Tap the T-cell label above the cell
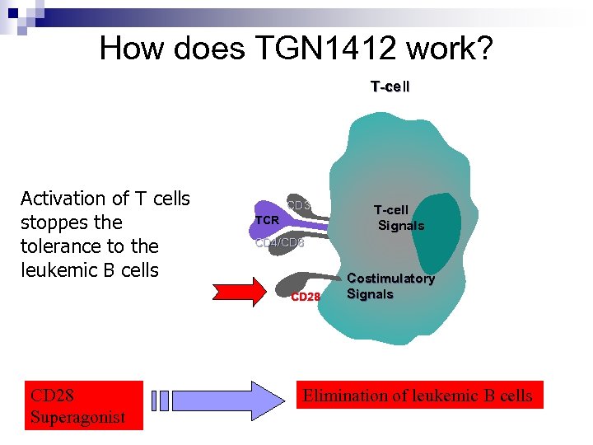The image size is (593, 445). [390, 87]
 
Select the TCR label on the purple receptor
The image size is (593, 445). [267, 221]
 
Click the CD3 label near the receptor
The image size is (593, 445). [298, 204]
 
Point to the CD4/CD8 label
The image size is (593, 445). [279, 243]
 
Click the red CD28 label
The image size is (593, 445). [306, 297]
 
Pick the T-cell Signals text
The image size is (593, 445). [399, 218]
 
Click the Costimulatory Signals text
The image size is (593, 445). [390, 286]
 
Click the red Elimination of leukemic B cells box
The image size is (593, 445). [418, 396]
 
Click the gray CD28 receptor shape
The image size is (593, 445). [305, 279]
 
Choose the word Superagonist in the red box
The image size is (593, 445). [78, 417]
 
